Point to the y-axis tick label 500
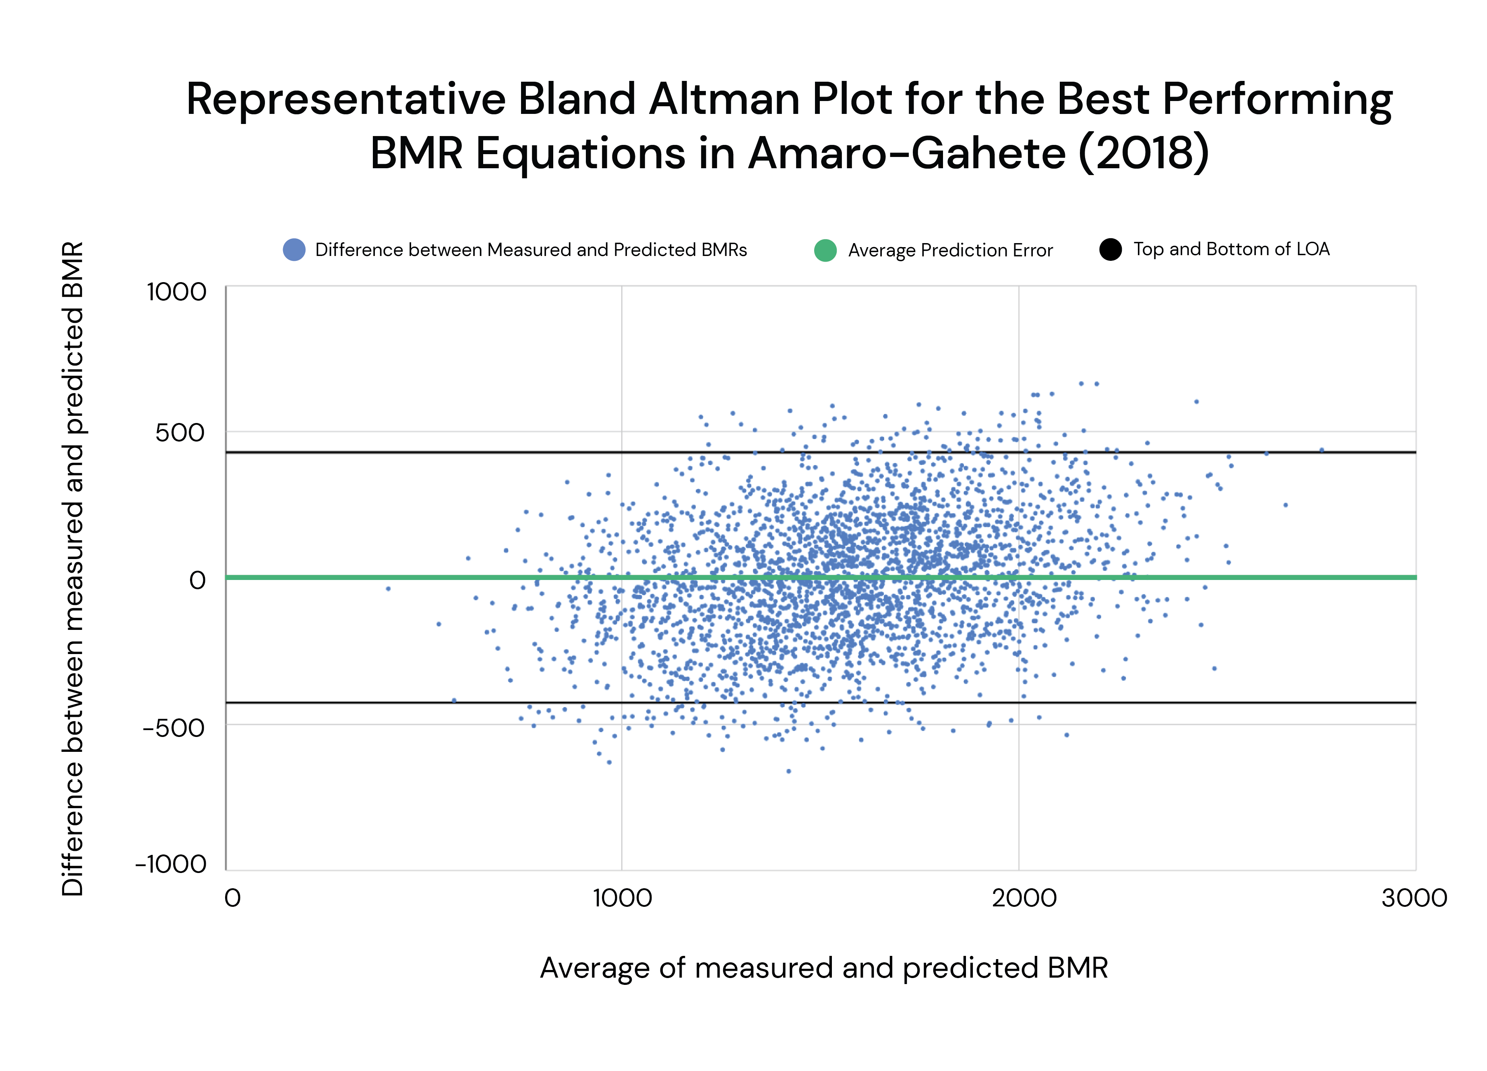180,433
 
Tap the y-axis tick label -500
174,728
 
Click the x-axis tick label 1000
622,898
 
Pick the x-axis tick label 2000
1024,898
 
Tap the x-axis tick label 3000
1414,898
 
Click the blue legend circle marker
294,250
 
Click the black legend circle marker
1110,250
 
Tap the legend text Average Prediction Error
950,250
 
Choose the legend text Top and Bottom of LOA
1231,249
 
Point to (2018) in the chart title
1144,154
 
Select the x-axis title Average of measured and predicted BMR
823,968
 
